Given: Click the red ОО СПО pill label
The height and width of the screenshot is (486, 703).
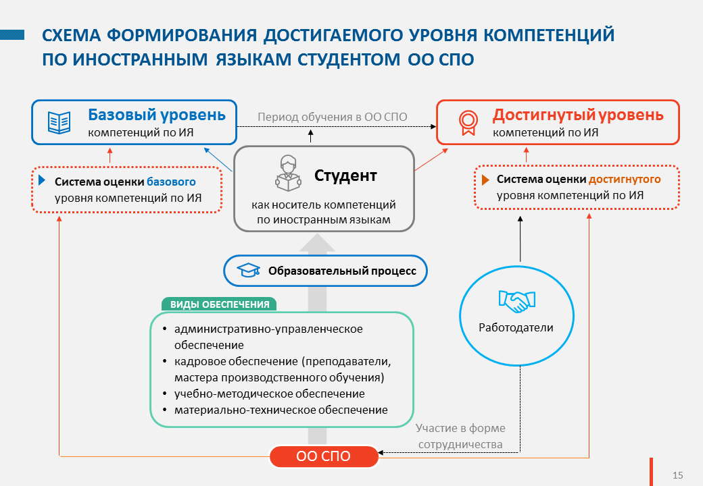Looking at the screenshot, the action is [324, 456].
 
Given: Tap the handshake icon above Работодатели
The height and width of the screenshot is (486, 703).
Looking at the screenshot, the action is [517, 301].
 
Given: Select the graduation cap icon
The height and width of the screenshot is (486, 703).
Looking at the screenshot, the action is [248, 270].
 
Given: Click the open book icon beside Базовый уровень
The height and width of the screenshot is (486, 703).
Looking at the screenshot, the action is [59, 122].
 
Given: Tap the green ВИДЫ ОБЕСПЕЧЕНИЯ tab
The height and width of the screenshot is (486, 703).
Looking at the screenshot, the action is [219, 304].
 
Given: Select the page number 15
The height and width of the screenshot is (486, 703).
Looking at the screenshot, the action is [677, 475].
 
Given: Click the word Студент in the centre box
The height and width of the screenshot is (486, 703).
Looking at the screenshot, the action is [345, 175].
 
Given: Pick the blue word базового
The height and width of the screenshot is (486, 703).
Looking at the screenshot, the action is [171, 182].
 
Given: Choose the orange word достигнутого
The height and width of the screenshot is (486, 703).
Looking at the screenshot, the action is [625, 179].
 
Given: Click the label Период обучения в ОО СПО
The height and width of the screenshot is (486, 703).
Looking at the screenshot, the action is [332, 117].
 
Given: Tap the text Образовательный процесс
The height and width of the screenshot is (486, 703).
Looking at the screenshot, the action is [342, 271].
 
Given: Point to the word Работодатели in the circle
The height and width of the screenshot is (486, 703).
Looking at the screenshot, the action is [516, 327].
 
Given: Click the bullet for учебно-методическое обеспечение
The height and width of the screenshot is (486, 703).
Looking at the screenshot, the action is [165, 394].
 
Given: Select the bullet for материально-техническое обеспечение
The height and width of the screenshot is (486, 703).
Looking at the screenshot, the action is [165, 410].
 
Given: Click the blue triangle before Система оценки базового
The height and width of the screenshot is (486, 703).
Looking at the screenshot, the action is [42, 180].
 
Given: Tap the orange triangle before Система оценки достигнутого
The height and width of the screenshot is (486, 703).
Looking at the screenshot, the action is [485, 180].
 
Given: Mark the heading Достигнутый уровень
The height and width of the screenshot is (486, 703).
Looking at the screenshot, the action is [578, 115].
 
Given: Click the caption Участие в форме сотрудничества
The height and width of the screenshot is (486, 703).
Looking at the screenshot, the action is [460, 436].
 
